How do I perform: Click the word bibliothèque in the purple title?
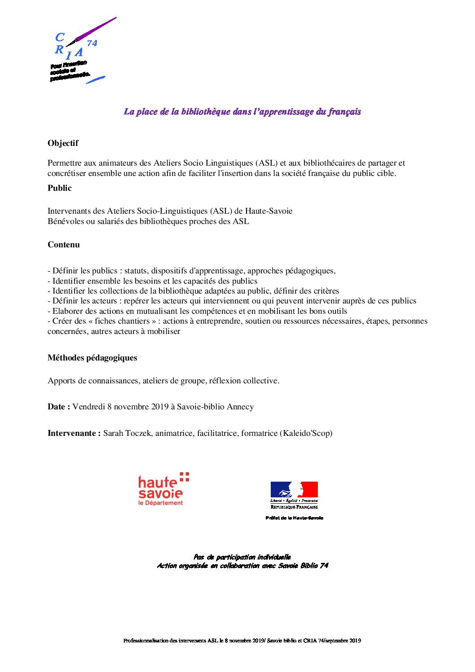pos(205,112)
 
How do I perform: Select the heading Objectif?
pos(63,143)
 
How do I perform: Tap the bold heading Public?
pos(60,188)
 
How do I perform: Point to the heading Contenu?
pos(64,245)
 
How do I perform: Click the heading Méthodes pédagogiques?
pos(92,358)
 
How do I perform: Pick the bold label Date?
pos(57,407)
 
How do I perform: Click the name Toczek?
pos(139,433)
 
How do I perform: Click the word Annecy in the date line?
pos(240,407)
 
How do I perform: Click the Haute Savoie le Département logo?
pos(163,489)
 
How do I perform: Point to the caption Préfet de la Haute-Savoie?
pos(294,518)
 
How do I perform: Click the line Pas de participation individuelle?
pos(242,557)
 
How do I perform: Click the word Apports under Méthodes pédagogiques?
pos(62,381)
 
